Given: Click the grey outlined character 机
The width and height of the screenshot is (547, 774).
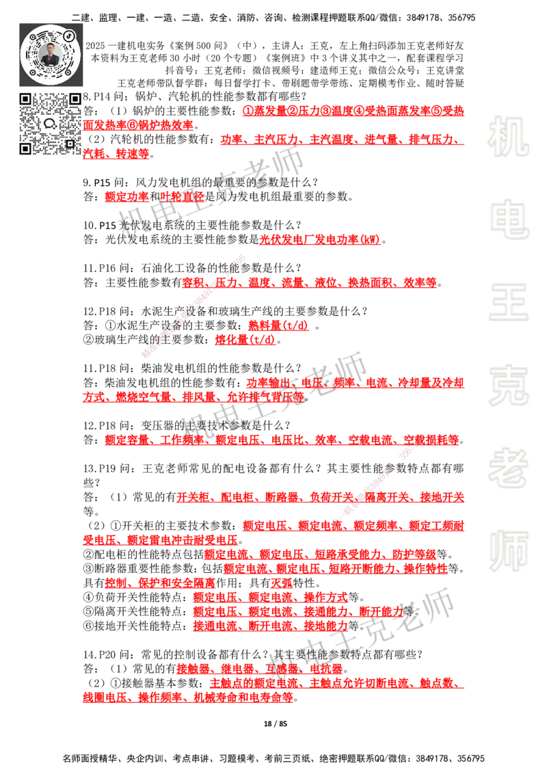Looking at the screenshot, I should point(508,137).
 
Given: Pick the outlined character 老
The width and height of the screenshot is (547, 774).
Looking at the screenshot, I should point(508,468).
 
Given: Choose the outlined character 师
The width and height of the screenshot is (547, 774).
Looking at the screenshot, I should point(508,552).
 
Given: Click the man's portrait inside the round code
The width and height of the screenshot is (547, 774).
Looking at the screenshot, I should point(51,55).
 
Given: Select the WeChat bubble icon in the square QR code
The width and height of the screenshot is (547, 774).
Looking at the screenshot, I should point(50,124).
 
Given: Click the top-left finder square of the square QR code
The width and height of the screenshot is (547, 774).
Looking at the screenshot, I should point(25,99).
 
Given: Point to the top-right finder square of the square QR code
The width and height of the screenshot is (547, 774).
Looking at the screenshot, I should point(75,99).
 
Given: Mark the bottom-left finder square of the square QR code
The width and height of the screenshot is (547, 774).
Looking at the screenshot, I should point(25,148).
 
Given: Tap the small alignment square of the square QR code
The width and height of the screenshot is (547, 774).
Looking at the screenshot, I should point(70,144).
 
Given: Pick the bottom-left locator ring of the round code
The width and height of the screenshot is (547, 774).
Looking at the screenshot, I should point(32,72).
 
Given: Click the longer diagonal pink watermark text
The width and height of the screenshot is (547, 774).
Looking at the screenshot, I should point(194,306).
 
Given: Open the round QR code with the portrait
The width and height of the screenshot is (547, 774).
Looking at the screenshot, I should point(51,53).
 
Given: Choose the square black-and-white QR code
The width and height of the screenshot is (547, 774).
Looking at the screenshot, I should point(50,124).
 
